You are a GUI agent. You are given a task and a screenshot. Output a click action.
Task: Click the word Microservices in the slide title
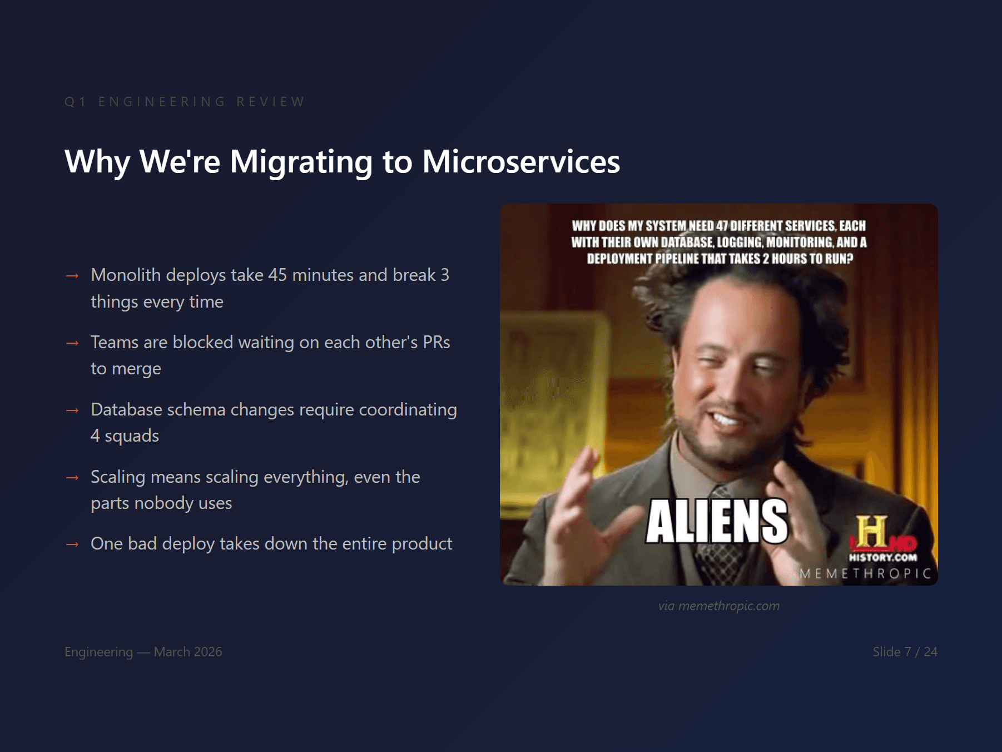(x=520, y=162)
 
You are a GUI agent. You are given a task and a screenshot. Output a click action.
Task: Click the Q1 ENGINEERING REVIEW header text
(x=185, y=102)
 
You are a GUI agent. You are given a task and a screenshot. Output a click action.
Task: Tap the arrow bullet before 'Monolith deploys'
(x=72, y=276)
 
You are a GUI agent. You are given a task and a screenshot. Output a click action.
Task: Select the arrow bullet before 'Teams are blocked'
(x=72, y=343)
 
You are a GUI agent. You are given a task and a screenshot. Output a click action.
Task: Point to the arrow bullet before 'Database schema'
(x=72, y=410)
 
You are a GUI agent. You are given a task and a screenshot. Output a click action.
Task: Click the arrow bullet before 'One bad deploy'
(x=72, y=545)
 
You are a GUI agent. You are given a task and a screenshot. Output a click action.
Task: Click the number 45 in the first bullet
(x=277, y=275)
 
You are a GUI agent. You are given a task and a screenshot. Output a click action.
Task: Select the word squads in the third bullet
(x=132, y=436)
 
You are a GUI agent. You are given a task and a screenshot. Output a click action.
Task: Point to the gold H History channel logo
(x=871, y=531)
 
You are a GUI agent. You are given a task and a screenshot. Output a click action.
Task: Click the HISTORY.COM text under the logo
(x=882, y=557)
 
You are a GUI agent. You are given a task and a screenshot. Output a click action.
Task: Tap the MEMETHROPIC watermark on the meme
(x=865, y=573)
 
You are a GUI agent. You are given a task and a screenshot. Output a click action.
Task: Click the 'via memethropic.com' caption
(x=718, y=606)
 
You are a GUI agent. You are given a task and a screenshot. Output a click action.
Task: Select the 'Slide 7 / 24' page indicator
(x=905, y=652)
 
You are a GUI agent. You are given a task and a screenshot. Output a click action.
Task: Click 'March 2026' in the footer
(x=188, y=652)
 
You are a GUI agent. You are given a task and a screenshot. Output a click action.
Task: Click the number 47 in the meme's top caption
(x=722, y=226)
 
